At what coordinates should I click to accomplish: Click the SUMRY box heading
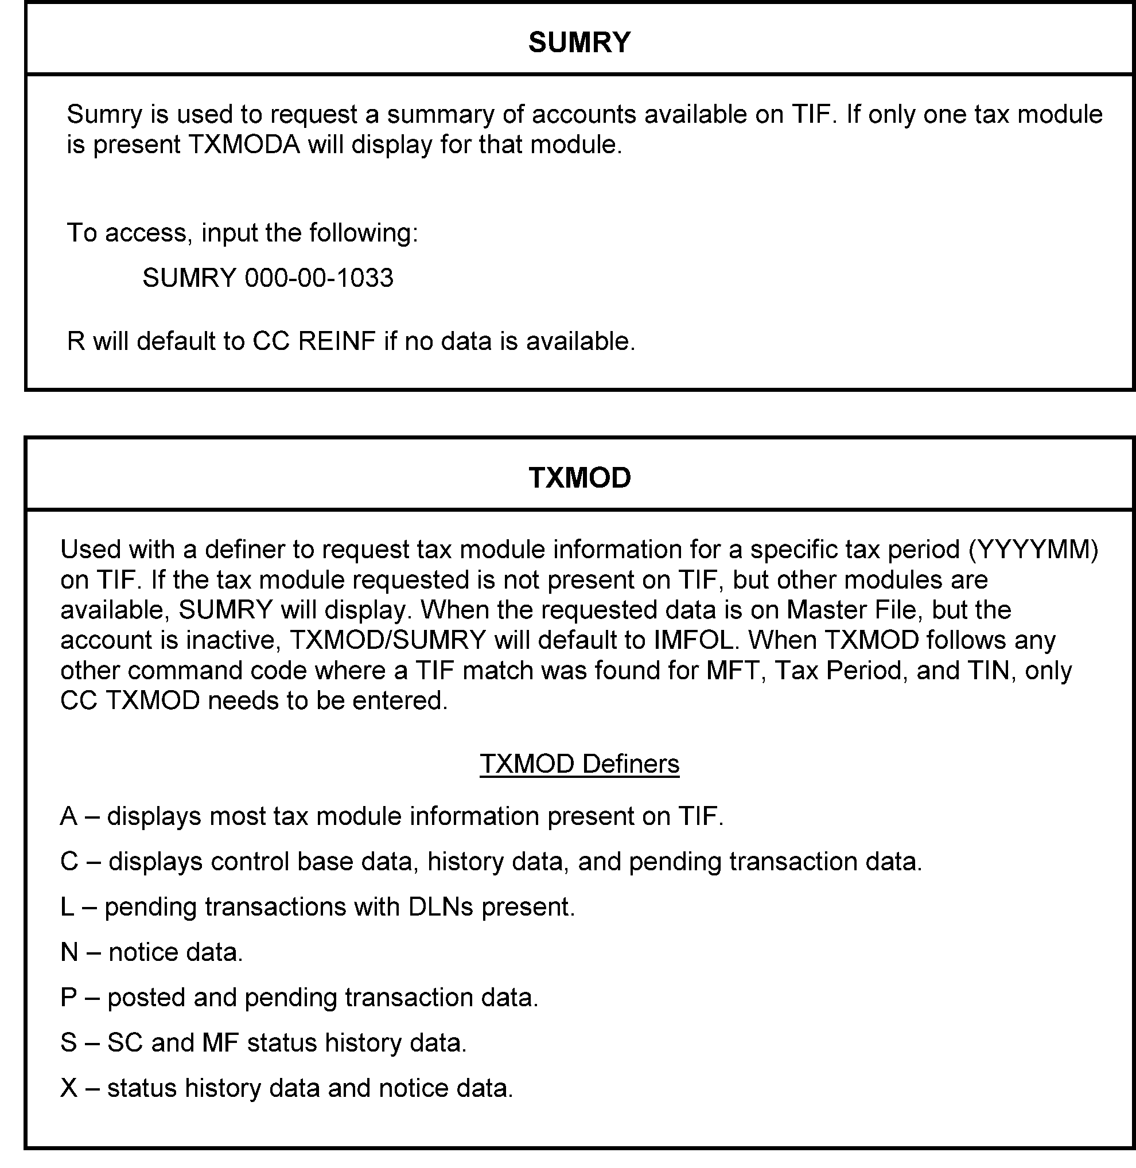tap(579, 42)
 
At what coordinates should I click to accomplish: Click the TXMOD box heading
tap(579, 478)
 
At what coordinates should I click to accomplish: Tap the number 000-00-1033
tap(318, 278)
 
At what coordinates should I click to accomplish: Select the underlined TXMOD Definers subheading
tap(579, 764)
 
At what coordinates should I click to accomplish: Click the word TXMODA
tap(244, 145)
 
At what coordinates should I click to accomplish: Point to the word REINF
tap(337, 342)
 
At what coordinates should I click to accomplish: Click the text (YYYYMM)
tap(1033, 550)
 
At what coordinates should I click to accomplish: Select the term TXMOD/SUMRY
tap(388, 641)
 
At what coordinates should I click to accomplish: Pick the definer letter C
tap(69, 862)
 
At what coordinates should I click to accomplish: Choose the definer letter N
tap(69, 953)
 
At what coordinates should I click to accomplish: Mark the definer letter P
tap(69, 998)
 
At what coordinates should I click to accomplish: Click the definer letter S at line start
tap(69, 1044)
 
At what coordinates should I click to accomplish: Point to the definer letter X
tap(69, 1089)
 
